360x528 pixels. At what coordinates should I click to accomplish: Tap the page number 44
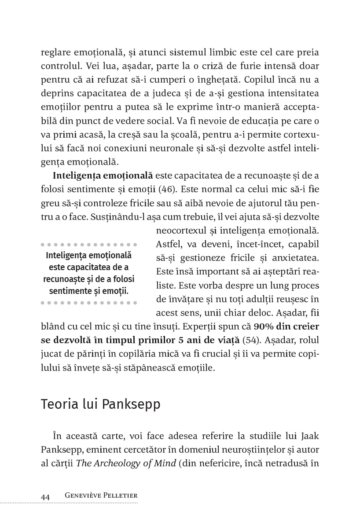(x=45, y=496)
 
